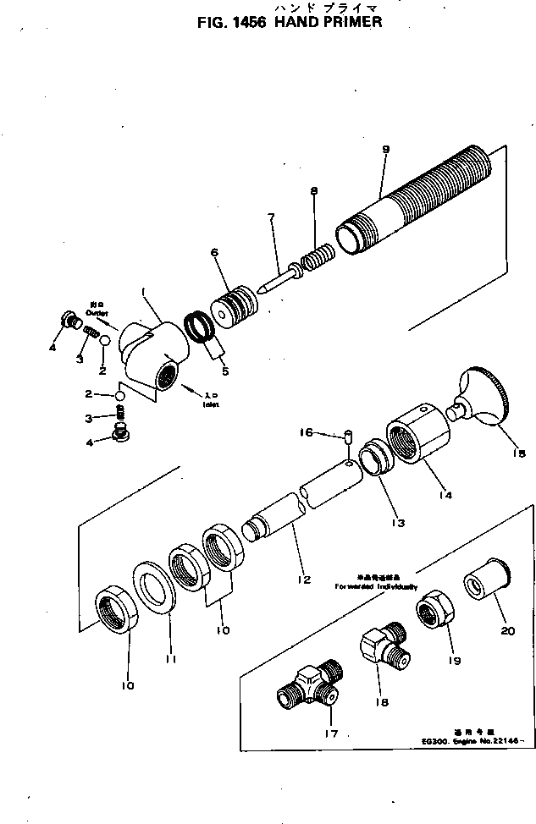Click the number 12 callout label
click(x=303, y=580)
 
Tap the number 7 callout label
click(x=271, y=217)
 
